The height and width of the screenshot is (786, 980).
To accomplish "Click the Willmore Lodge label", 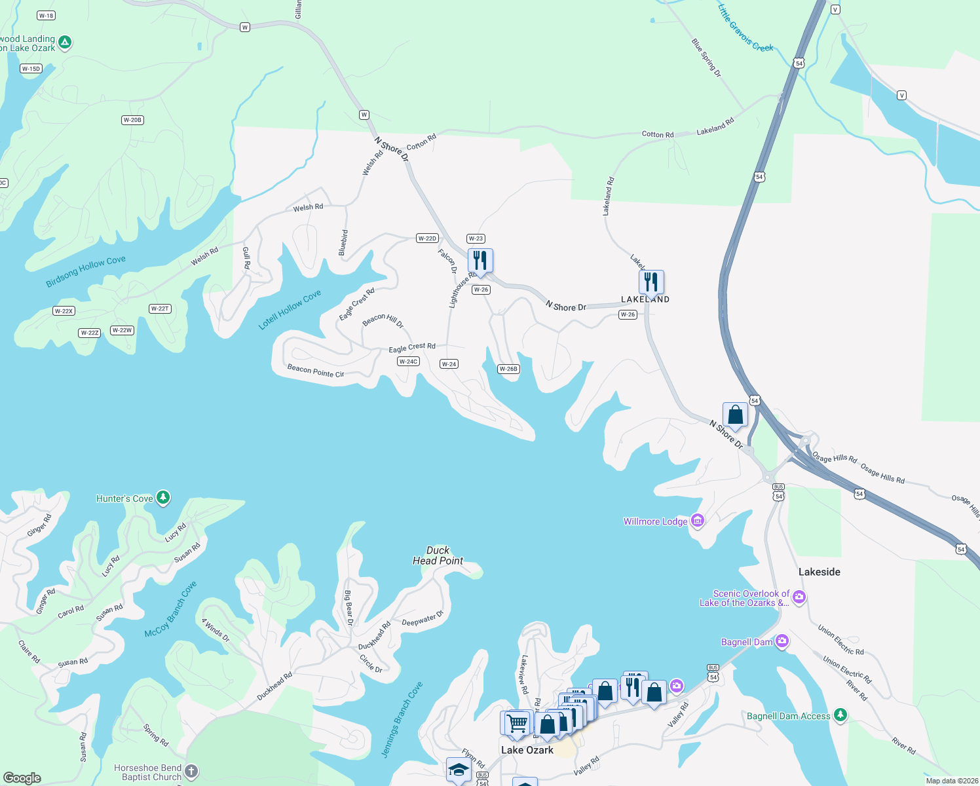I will point(655,521).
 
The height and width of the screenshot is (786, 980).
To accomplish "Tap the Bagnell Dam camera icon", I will point(782,641).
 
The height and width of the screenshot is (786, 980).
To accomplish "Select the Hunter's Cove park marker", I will point(163,498).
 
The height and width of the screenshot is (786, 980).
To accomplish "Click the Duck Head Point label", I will point(438,555).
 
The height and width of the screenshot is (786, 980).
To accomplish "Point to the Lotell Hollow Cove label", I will point(290,310).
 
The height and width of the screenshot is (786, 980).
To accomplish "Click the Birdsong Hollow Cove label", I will point(86,272).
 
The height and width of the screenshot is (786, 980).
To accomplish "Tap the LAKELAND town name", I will point(645,299).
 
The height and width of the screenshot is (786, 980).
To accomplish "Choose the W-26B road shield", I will point(508,369).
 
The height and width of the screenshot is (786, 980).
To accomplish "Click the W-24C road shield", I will point(408,362).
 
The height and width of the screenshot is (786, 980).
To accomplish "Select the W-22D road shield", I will point(427,238).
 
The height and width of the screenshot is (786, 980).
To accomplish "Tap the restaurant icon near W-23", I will point(480,261).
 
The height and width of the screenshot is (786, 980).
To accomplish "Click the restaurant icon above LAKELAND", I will point(651,282).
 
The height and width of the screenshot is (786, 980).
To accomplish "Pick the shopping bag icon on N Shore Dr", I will point(735,415).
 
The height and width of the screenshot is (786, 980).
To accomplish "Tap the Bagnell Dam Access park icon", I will point(840,715).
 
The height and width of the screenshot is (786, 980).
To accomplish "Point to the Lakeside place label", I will point(819,572).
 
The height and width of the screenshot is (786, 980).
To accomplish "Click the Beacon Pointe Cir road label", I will point(316,371).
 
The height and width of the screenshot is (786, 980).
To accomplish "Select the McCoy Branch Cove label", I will point(170,609).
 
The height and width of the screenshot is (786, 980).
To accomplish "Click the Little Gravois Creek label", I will point(745,29).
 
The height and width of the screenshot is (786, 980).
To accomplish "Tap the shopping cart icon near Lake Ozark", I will point(517,723).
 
